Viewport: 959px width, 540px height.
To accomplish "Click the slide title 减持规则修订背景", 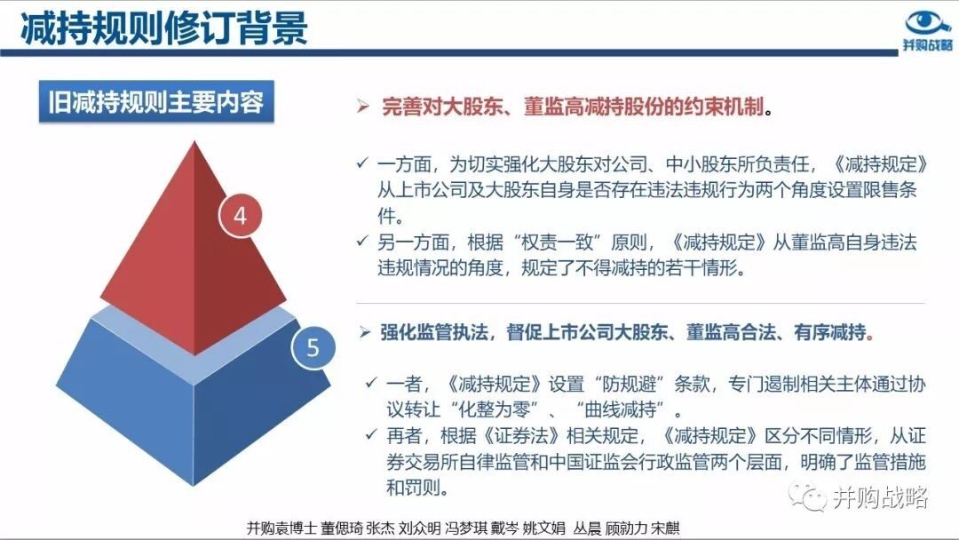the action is coord(164,28).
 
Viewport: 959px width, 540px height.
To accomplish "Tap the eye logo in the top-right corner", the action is coord(929,22).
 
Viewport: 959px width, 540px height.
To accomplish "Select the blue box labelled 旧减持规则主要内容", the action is coord(156,101).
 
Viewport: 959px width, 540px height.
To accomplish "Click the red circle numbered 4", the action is coord(241,215).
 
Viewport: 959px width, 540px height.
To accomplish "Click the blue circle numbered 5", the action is coord(313,347).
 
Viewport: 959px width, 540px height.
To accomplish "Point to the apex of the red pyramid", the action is coord(194,141).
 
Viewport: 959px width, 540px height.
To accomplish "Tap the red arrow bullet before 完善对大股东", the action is coord(363,107).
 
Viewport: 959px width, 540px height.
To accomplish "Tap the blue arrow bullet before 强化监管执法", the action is coord(365,332).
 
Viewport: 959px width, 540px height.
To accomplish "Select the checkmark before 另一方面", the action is coord(362,241).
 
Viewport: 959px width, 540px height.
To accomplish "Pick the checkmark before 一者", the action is coord(371,383).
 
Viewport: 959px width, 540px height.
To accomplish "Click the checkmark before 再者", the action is coord(371,435).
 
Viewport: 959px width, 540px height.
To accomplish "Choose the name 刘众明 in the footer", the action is coord(419,528).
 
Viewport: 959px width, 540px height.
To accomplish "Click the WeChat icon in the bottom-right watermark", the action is coord(806,497).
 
